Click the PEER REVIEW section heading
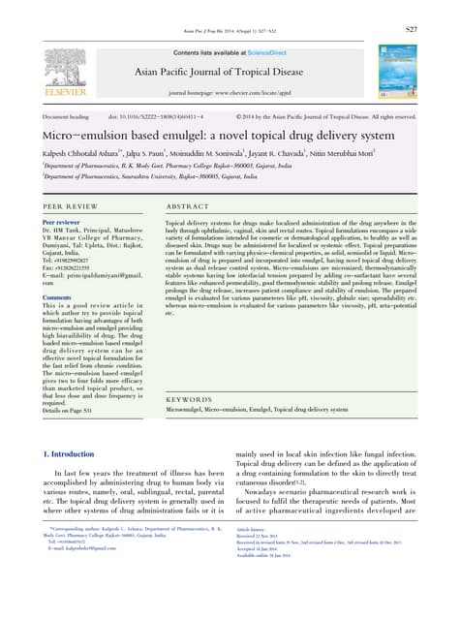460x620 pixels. (x=69, y=207)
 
